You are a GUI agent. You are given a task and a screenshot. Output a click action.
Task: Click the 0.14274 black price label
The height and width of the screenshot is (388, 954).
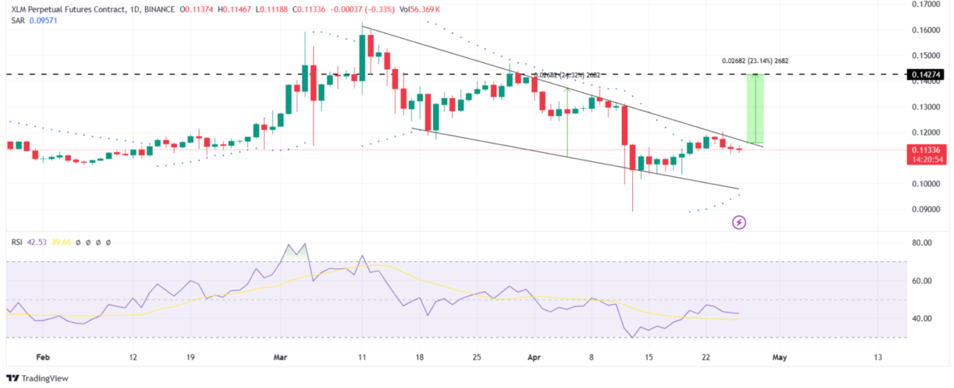tap(926, 74)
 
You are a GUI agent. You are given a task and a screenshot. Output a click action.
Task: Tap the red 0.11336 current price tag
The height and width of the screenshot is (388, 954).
tap(926, 150)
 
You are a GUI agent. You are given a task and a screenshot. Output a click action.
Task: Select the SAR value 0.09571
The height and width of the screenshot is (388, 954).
tap(43, 21)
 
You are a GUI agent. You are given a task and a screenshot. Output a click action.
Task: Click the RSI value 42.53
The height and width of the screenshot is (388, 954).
tap(37, 242)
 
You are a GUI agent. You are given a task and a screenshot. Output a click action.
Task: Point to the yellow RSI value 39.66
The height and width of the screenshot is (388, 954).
tap(61, 242)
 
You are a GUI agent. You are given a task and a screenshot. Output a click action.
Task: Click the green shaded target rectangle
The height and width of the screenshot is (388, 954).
tap(755, 109)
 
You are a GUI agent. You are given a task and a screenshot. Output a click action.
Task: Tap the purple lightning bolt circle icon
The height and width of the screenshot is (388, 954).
tap(739, 222)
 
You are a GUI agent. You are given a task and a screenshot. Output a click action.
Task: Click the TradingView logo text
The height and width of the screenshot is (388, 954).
tap(44, 378)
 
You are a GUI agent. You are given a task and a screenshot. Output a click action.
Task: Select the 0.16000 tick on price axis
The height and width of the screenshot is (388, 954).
tap(925, 30)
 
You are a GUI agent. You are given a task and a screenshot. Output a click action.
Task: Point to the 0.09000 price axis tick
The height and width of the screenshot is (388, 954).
tap(925, 210)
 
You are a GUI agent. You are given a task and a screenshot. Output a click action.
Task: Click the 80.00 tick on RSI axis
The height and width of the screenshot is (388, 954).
tap(921, 243)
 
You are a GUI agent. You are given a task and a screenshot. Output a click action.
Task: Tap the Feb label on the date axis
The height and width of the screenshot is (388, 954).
tap(43, 357)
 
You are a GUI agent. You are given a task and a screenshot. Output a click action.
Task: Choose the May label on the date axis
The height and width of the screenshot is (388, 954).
tap(779, 357)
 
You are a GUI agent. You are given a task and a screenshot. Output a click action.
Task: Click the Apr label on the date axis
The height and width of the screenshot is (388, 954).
tap(534, 357)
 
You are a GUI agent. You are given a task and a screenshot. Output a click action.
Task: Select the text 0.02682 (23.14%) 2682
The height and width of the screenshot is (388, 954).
tap(755, 61)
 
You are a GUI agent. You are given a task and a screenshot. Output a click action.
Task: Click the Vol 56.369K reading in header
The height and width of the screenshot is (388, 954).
tap(420, 9)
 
